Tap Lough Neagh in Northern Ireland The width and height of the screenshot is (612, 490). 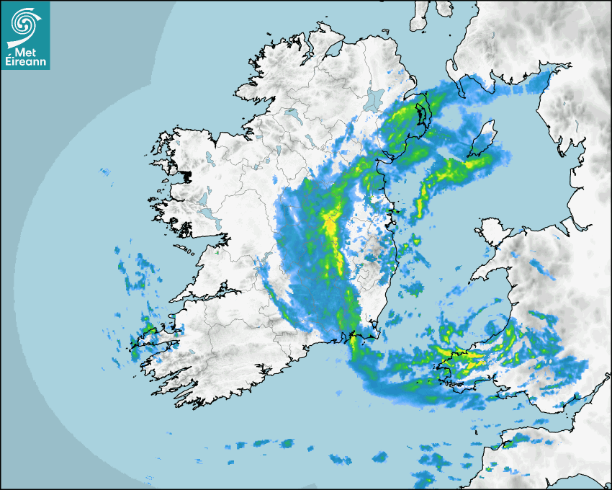[x=374, y=99]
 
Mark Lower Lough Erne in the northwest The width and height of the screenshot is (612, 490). [x=291, y=114]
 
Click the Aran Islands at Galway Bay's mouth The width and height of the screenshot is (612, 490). [x=186, y=251]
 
